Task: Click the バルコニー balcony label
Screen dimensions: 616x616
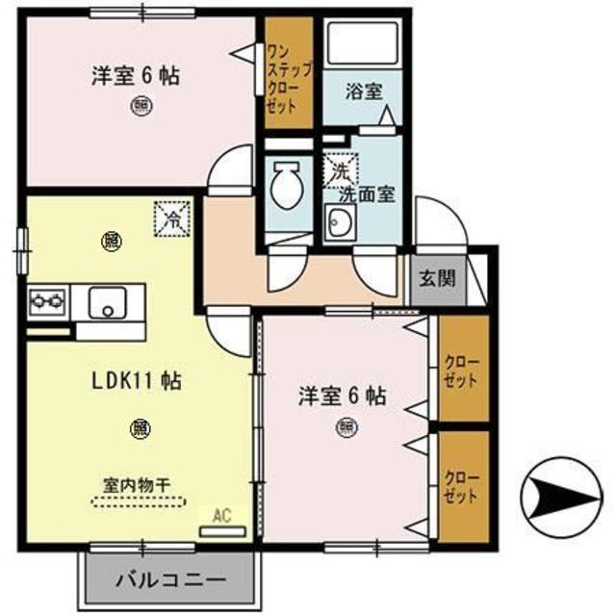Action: pos(171,580)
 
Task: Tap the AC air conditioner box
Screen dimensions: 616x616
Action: pos(222,521)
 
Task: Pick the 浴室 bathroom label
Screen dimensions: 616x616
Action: pos(365,92)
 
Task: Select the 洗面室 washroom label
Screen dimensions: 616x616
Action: pos(366,192)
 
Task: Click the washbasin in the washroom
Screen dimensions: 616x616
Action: pos(340,225)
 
